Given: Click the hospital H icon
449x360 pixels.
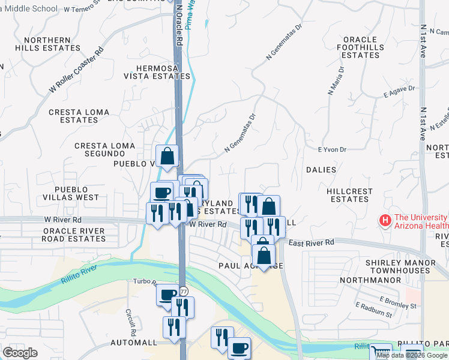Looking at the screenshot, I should click(385, 221).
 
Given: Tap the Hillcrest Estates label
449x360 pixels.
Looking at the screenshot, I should click(349, 195).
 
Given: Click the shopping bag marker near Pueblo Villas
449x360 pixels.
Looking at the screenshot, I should click(168, 156).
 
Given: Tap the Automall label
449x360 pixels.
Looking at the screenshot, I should click(133, 343).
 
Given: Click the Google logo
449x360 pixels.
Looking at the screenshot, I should click(20, 352).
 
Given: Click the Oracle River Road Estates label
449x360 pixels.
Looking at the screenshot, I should click(73, 235).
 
